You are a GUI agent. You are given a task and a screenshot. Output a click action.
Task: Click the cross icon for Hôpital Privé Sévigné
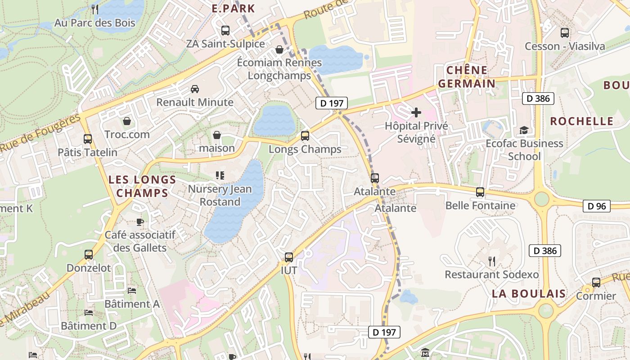pyautogui.click(x=416, y=112)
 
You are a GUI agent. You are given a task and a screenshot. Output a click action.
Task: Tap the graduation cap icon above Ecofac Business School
pyautogui.click(x=524, y=130)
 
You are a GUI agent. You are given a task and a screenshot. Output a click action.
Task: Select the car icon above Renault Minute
pyautogui.click(x=195, y=89)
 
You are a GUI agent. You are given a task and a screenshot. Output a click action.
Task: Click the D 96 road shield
pyautogui.click(x=597, y=206)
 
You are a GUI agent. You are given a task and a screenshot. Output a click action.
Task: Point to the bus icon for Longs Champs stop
pyautogui.click(x=305, y=135)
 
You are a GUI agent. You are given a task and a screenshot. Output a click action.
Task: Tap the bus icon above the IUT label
pyautogui.click(x=289, y=257)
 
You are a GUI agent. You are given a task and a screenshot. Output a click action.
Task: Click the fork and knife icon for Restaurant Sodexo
pyautogui.click(x=492, y=261)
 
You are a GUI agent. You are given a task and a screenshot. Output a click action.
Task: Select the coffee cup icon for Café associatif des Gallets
pyautogui.click(x=140, y=221)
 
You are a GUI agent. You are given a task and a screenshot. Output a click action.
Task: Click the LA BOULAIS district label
pyautogui.click(x=528, y=294)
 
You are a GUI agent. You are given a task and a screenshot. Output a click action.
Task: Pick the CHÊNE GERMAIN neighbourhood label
pyautogui.click(x=467, y=76)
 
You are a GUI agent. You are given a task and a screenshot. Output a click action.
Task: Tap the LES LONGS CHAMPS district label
pyautogui.click(x=142, y=186)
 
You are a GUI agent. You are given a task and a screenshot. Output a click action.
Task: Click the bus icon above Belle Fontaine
pyautogui.click(x=480, y=192)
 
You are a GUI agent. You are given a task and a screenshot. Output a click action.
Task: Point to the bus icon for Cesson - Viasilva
pyautogui.click(x=564, y=33)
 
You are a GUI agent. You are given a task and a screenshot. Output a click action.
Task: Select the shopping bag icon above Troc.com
pyautogui.click(x=127, y=121)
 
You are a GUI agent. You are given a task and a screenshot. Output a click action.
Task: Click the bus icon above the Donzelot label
pyautogui.click(x=89, y=255)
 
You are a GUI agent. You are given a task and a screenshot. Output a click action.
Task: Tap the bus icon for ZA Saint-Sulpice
pyautogui.click(x=225, y=31)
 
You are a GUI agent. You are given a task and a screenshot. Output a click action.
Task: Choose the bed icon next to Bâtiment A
pyautogui.click(x=132, y=291)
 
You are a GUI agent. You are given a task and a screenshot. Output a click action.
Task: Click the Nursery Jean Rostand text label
pyautogui.click(x=220, y=195)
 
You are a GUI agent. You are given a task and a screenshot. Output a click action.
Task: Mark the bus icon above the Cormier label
pyautogui.click(x=596, y=283)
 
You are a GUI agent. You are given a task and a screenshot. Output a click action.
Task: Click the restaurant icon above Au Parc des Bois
pyautogui.click(x=94, y=9)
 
